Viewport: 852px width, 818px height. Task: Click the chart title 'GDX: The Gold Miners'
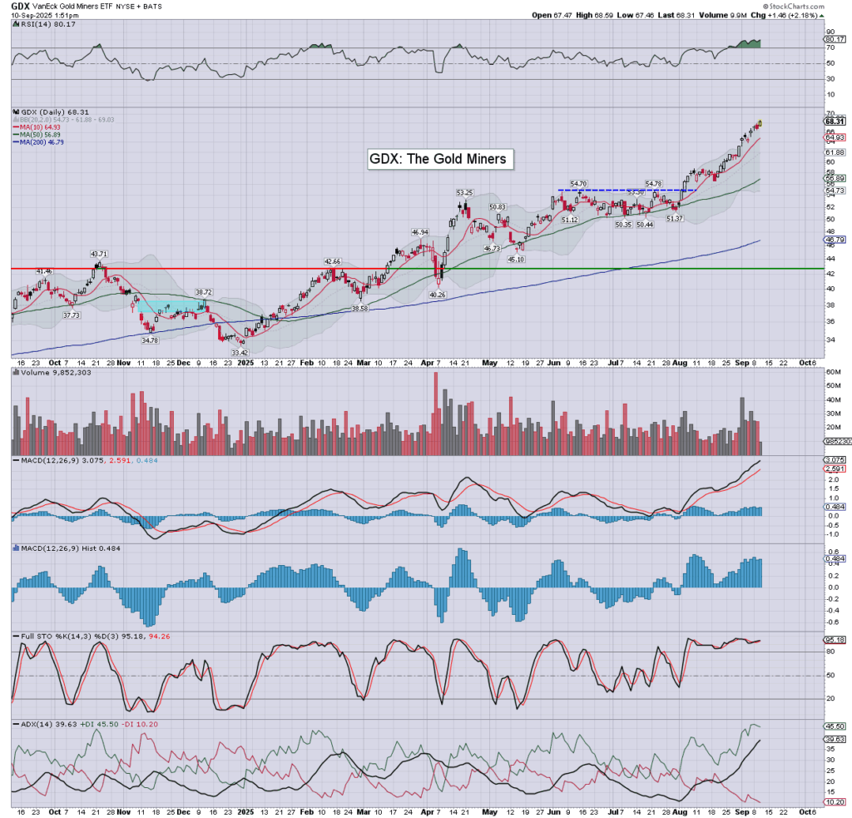[437, 158]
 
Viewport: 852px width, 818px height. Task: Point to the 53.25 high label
[464, 192]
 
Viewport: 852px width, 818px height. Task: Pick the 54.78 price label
[657, 183]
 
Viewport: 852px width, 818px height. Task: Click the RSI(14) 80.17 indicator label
[43, 25]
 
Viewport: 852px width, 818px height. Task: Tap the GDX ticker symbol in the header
[21, 6]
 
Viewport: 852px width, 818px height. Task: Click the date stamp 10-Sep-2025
[36, 16]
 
